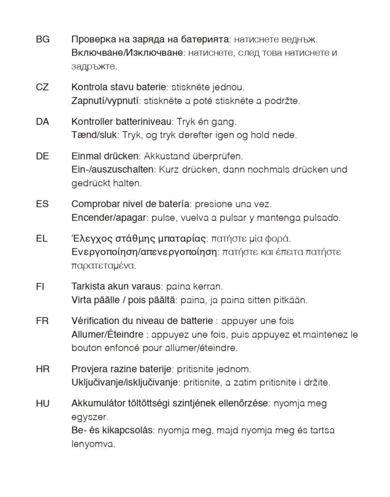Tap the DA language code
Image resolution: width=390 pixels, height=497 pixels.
[43, 122]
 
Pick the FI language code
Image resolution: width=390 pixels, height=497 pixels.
[40, 286]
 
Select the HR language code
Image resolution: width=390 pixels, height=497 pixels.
[43, 368]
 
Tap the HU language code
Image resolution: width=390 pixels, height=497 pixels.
[43, 403]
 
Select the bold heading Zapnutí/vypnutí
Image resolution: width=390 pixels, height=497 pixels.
[105, 101]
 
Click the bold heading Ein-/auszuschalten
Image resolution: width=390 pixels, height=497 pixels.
[112, 170]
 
